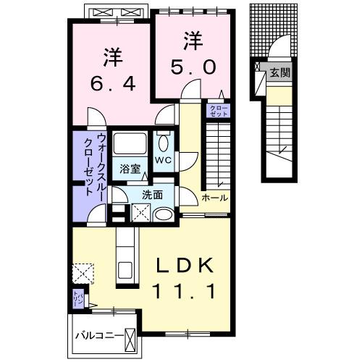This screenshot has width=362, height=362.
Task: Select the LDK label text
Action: coord(186,266)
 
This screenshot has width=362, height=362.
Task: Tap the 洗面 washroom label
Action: coord(152,194)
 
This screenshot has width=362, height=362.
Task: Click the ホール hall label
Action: coord(214,198)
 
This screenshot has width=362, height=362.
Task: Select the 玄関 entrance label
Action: coord(279,72)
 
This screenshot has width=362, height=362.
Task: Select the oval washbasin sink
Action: coord(164,214)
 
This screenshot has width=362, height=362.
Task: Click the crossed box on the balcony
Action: coord(130,337)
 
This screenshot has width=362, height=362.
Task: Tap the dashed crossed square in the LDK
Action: coord(81,274)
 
